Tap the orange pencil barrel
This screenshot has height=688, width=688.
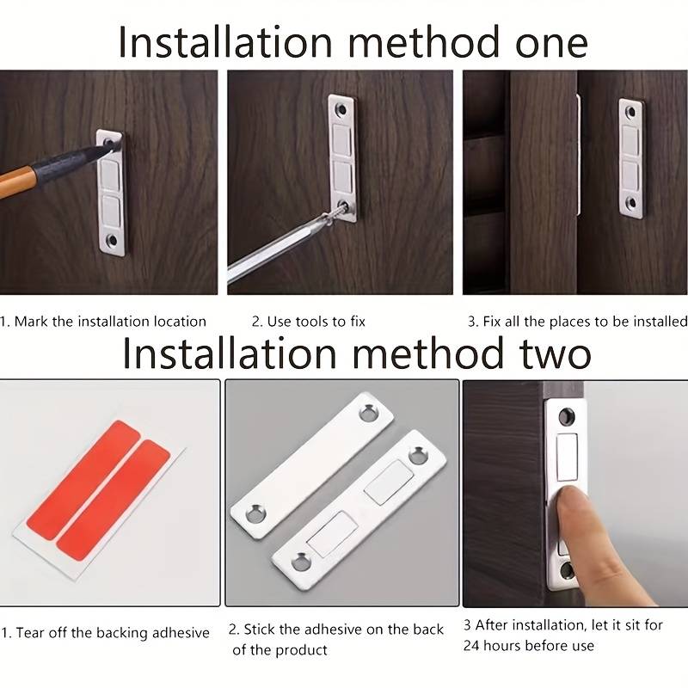coord(14,181)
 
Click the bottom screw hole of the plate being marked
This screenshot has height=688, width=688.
coord(113,241)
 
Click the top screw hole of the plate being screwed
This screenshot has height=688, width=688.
coord(341,109)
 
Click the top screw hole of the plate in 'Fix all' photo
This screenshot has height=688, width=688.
coord(630,112)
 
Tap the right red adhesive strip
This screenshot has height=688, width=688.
coord(114,501)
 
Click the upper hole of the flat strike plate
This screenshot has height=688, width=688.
coord(369,413)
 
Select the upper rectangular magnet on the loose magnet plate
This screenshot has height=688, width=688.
coord(389,482)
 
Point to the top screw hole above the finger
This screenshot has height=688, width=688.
coord(567,415)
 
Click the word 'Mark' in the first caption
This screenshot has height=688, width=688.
coord(31,322)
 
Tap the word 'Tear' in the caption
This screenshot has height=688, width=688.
coord(30,633)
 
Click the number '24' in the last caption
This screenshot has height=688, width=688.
coord(470,646)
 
